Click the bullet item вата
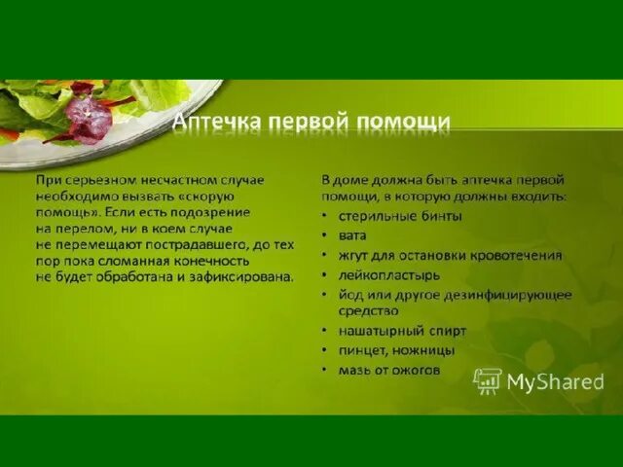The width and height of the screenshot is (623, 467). [x=354, y=235]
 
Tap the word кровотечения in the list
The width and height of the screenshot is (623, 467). [x=518, y=255]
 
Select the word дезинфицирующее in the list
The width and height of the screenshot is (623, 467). [x=515, y=294]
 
